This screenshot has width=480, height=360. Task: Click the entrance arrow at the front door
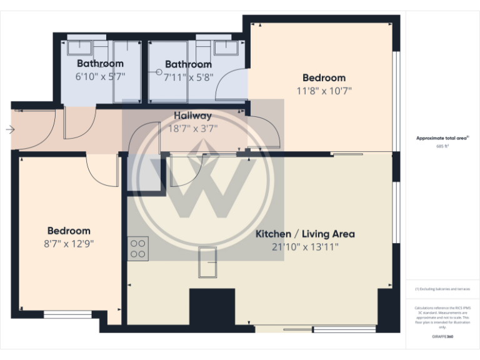tap(10, 129)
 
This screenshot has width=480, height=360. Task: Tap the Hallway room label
tap(192, 116)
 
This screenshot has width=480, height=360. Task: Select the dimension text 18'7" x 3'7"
tap(192, 129)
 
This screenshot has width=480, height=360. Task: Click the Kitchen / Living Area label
tap(305, 234)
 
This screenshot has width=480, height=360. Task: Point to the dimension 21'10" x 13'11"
tap(305, 247)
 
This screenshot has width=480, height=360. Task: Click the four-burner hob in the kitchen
tap(138, 249)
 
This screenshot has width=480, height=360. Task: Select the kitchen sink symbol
tap(207, 262)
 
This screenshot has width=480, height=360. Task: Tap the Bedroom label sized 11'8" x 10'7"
tap(324, 78)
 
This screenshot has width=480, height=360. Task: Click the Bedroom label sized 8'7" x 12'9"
tap(69, 231)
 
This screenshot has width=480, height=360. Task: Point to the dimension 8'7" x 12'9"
tap(69, 244)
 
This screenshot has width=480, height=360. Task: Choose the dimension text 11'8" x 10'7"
tap(324, 91)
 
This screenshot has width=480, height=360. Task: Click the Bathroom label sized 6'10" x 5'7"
tap(100, 63)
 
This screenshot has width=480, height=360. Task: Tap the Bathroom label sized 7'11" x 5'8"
tap(188, 64)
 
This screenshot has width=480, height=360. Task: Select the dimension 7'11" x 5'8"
tap(188, 77)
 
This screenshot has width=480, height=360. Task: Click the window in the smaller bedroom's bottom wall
tap(67, 314)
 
